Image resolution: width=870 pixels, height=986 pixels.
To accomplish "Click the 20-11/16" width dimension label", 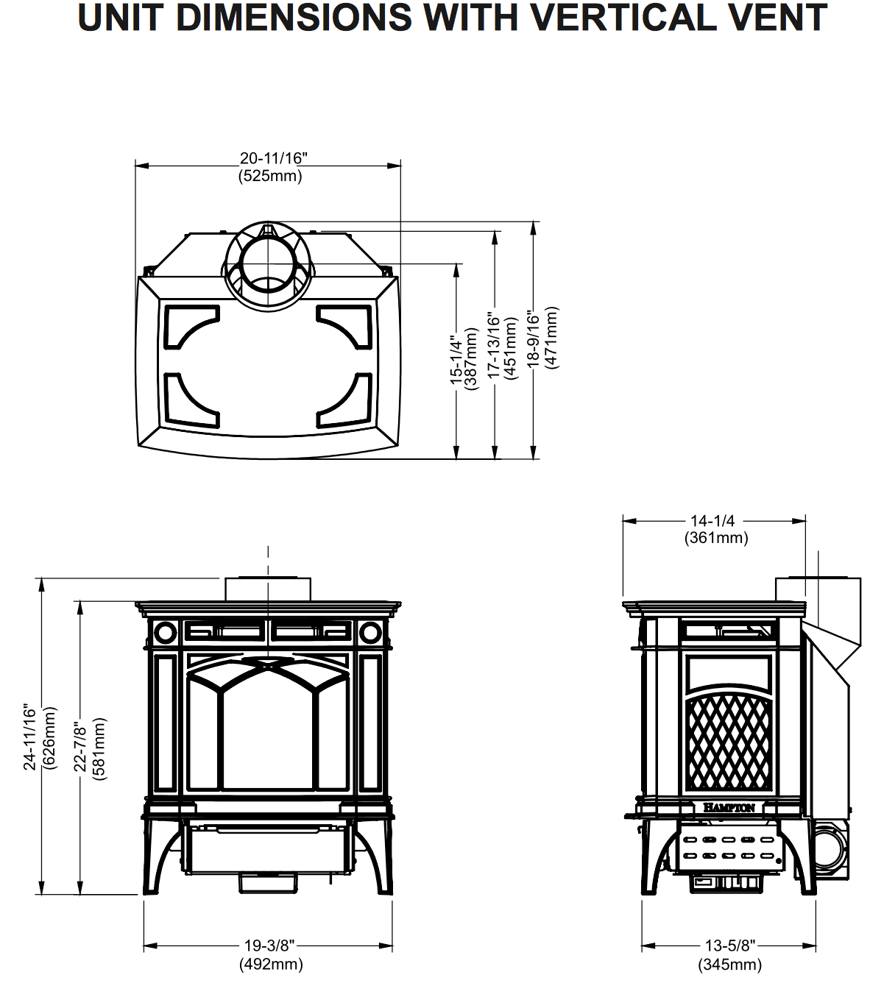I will click(x=270, y=158).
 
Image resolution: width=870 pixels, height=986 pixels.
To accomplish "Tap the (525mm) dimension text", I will click(x=270, y=176).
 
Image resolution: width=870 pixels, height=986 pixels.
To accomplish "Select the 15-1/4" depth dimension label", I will click(x=456, y=361).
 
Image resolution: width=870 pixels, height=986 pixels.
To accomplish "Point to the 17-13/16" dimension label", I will click(x=495, y=346).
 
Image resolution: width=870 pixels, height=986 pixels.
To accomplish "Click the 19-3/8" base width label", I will click(x=269, y=946).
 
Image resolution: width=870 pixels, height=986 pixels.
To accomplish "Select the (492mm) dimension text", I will click(x=270, y=964).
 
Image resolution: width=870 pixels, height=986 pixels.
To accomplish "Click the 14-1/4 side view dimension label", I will click(x=712, y=521).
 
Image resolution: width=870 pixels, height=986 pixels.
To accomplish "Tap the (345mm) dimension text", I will click(x=729, y=964).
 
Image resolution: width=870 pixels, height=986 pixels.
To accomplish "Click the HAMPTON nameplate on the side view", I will click(x=729, y=807).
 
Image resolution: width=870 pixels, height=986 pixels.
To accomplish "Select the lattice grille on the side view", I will click(x=729, y=743).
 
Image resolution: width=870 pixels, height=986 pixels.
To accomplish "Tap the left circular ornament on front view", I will click(x=165, y=631).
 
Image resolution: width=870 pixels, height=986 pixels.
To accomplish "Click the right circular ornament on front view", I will click(x=370, y=631).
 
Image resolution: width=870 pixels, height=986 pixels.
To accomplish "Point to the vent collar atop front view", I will click(x=268, y=589).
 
